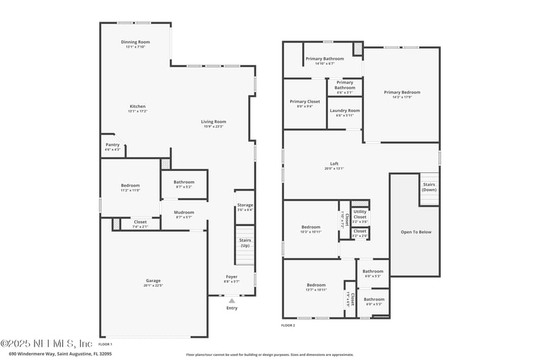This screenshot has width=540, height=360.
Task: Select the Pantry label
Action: [112, 146]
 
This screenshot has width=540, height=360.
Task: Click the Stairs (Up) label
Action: [245, 242]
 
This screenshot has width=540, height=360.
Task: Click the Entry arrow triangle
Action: [232, 301]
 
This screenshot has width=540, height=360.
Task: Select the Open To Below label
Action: [416, 232]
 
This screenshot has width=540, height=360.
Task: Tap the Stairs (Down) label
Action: [429, 186]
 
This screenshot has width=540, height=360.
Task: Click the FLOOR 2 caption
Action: [288, 325]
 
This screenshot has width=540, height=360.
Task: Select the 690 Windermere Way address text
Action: [60, 353]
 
